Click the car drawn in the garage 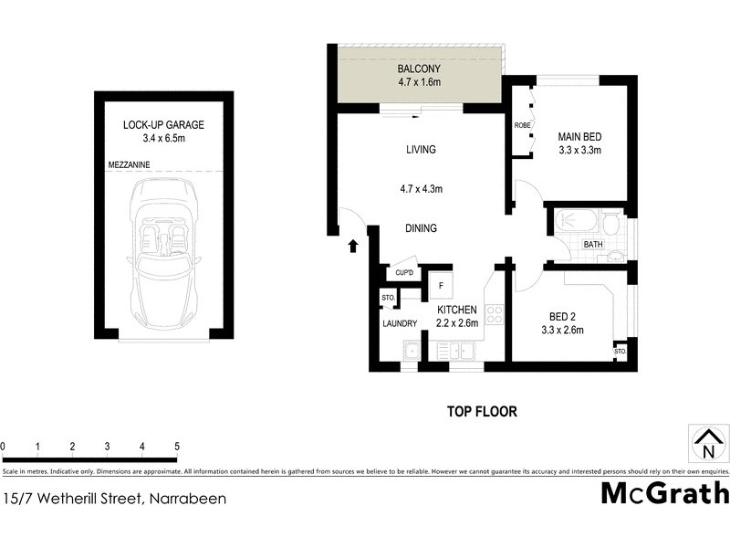[164, 255]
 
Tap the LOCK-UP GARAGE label [164, 125]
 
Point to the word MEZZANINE [129, 164]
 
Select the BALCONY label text [419, 69]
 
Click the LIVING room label [421, 149]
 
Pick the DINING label [421, 228]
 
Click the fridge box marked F [441, 286]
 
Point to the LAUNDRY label [400, 323]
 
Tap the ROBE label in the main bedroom [523, 125]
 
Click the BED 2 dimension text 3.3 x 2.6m [562, 330]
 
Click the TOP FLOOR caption [482, 412]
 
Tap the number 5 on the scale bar [176, 447]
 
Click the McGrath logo [664, 493]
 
